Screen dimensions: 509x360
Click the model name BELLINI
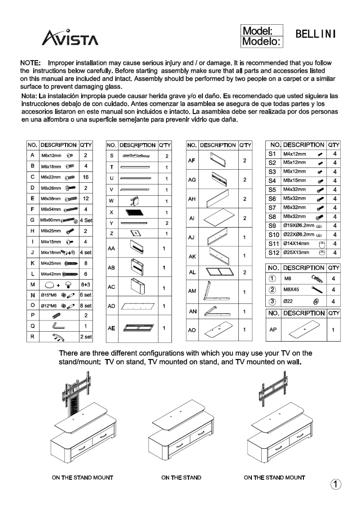tap(316, 35)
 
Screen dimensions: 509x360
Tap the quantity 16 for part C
tap(85, 178)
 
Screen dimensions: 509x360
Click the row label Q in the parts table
tap(33, 326)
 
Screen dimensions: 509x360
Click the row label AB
tap(110, 268)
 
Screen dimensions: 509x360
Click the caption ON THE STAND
tap(181, 478)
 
